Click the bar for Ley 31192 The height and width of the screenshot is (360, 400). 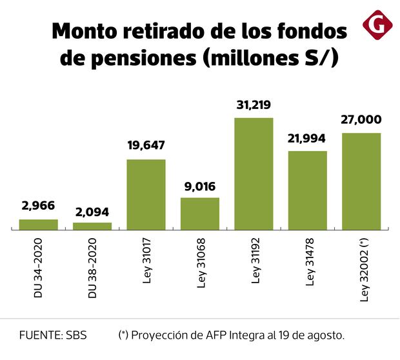(254, 174)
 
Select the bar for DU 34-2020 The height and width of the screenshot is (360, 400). (38, 225)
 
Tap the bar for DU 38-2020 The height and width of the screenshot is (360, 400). (92, 226)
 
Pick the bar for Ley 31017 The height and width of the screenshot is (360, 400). (146, 194)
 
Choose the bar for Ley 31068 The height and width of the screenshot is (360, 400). (199, 214)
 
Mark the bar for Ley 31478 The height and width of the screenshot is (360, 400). (307, 190)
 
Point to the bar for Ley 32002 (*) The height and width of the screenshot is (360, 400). (361, 181)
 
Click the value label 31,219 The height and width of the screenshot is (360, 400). (254, 105)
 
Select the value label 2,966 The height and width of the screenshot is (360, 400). (38, 206)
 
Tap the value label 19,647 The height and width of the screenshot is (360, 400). (146, 146)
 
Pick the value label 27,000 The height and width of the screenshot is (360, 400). (361, 120)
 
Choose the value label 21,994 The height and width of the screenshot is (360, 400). (307, 138)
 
